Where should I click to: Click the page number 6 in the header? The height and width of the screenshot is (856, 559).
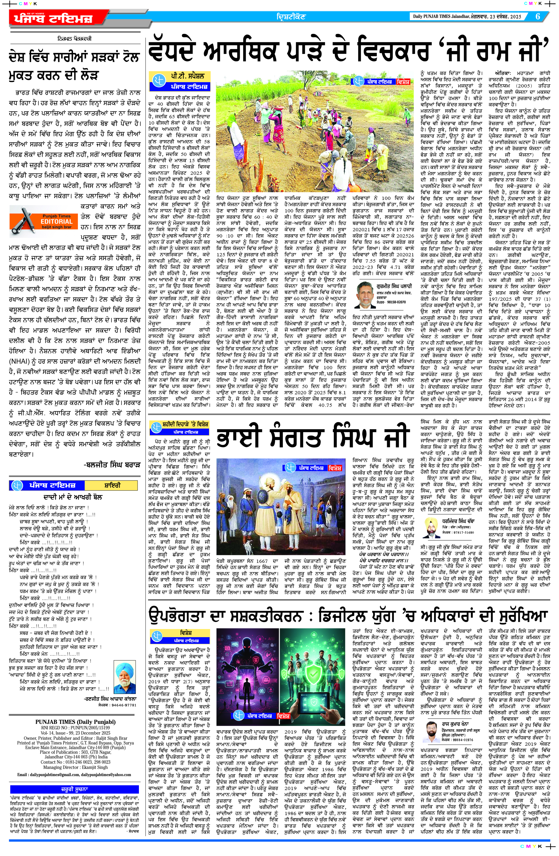(538, 17)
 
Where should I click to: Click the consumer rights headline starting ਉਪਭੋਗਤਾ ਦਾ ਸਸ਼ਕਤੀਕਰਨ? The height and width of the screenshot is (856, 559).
(348, 617)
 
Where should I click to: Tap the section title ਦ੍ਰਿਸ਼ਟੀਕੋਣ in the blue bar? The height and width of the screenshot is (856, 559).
(291, 17)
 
